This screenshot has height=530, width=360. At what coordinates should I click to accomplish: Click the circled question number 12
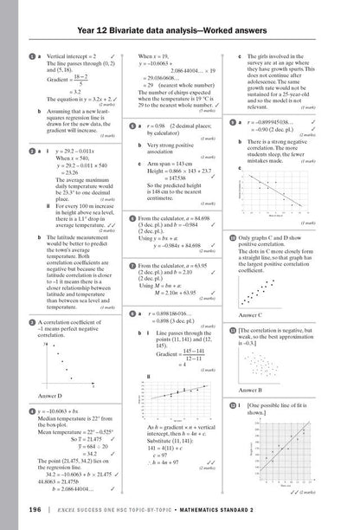click(x=233, y=404)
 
